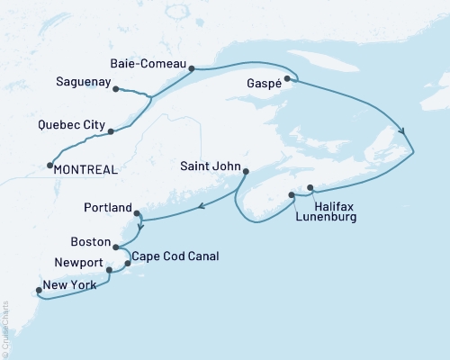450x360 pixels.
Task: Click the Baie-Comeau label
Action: [x=148, y=65]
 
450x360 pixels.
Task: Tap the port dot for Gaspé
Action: [x=287, y=79]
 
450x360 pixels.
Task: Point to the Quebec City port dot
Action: [x=111, y=132]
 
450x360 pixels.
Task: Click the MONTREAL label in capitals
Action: [x=85, y=168]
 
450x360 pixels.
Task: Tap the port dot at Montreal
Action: [x=49, y=165]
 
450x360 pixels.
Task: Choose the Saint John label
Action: [x=210, y=165]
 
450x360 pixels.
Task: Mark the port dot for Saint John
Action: [x=246, y=171]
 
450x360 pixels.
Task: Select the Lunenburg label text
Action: [x=326, y=218]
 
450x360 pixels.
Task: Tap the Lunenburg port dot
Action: [x=291, y=194]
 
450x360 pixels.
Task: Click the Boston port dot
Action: [x=116, y=245]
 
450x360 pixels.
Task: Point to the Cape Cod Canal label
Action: [x=175, y=256]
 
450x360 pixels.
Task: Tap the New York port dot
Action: [x=38, y=290]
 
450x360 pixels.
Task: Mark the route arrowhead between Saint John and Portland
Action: [x=202, y=207]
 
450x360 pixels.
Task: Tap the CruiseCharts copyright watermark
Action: [x=6, y=329]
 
